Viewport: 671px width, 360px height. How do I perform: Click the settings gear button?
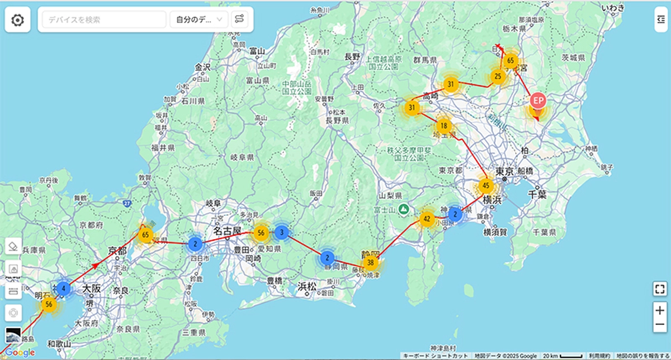coord(17,20)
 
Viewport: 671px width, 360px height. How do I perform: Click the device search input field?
coord(104,20)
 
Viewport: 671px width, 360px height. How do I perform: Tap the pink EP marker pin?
coord(537,101)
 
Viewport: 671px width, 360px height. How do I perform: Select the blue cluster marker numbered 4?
coord(64,288)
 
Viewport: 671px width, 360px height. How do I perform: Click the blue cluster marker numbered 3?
coord(282,232)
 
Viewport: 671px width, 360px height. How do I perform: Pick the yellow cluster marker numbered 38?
coord(370,262)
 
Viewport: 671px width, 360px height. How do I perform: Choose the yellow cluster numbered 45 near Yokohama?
coord(485,186)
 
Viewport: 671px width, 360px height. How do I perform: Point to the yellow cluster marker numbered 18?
coord(443,126)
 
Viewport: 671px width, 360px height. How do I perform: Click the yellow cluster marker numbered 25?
coord(497,76)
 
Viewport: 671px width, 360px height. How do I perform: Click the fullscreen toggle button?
coord(659,289)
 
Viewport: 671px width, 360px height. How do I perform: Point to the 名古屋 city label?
coord(226,230)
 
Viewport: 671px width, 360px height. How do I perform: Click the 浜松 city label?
coord(307,286)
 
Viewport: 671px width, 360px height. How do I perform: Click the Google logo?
coord(20,352)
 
